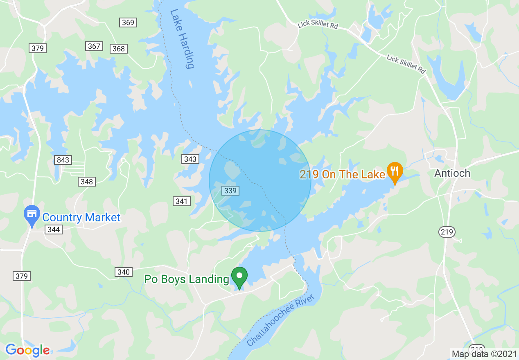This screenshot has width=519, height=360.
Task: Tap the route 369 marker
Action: [x=128, y=22]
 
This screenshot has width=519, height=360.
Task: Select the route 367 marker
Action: [x=94, y=46]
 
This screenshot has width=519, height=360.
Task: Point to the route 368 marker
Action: [x=119, y=49]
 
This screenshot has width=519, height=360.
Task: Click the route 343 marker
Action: [x=190, y=159]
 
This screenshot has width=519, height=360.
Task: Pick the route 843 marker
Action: [x=63, y=160]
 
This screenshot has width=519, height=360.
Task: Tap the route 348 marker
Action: [x=87, y=181]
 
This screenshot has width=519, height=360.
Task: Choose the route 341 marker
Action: [x=181, y=201]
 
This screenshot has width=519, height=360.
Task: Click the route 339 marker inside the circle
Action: [x=230, y=190]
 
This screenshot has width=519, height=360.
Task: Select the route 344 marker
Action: [x=54, y=229]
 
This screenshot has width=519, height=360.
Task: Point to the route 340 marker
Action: [x=123, y=272]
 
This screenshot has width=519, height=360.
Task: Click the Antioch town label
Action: [x=452, y=173]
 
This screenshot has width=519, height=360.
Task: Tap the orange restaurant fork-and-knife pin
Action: [x=395, y=171]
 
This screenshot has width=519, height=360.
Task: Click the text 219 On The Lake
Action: [x=342, y=175]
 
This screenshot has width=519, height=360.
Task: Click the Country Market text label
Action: [x=81, y=217]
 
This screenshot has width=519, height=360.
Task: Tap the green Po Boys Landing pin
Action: [x=239, y=277]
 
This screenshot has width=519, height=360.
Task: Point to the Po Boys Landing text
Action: [x=187, y=279]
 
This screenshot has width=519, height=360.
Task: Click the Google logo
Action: [x=27, y=350]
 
